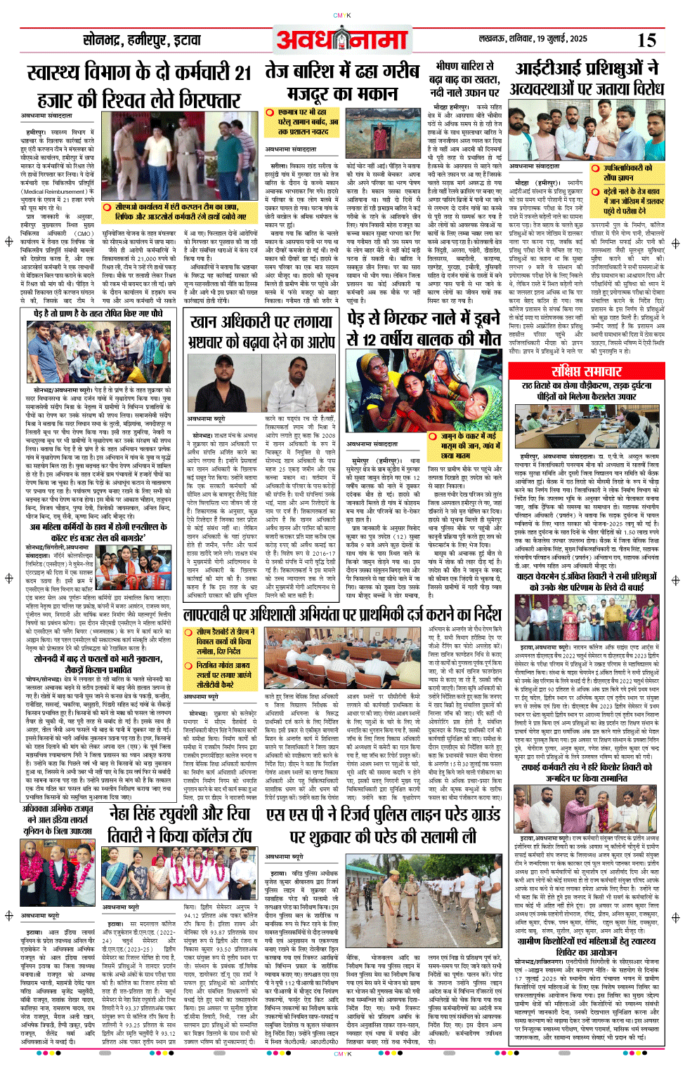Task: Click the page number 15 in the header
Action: coord(646,40)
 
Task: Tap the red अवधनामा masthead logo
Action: coord(342,40)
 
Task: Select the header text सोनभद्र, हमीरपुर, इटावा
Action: coord(141,40)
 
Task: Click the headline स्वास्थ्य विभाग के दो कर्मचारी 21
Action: coord(138,73)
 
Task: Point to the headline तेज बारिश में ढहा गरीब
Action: coord(341,71)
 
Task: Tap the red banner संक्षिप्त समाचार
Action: coord(586,371)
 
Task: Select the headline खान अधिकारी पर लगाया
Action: coord(261,323)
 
